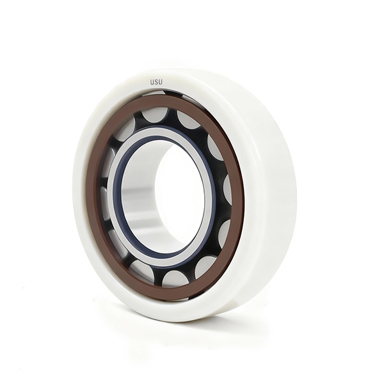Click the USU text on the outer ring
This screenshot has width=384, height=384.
(x=156, y=83)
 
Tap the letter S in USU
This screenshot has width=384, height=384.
(x=156, y=83)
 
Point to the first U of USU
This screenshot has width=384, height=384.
(x=152, y=83)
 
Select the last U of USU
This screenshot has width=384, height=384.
(x=160, y=83)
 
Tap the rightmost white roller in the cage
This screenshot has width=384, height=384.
(x=228, y=190)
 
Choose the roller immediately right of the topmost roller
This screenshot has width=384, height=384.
(x=189, y=120)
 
